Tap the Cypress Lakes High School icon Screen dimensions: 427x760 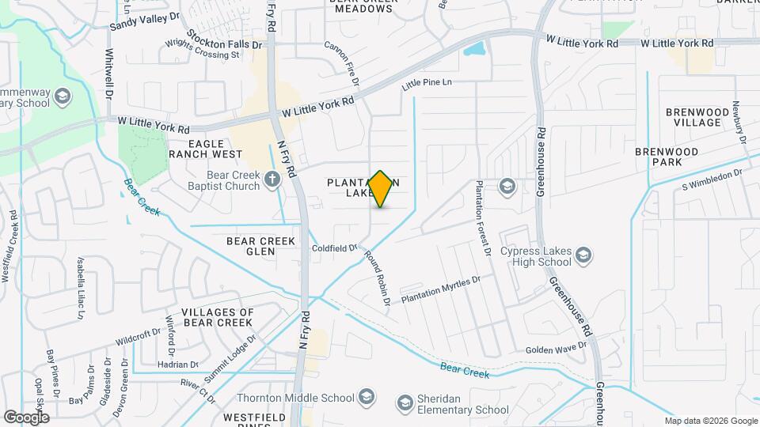pyautogui.click(x=583, y=255)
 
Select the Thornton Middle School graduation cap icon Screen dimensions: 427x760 pyautogui.click(x=367, y=396)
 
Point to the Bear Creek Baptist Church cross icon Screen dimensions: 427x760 pyautogui.click(x=272, y=179)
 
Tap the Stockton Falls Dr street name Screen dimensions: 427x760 pyautogui.click(x=225, y=40)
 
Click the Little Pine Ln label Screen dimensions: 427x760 pyautogui.click(x=427, y=82)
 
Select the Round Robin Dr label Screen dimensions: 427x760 pyautogui.click(x=378, y=279)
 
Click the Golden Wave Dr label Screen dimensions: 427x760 pyautogui.click(x=557, y=349)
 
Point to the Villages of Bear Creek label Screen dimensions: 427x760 pyautogui.click(x=217, y=317)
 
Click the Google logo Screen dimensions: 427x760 pyautogui.click(x=26, y=417)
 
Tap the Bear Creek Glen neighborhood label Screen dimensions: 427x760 pyautogui.click(x=260, y=246)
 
